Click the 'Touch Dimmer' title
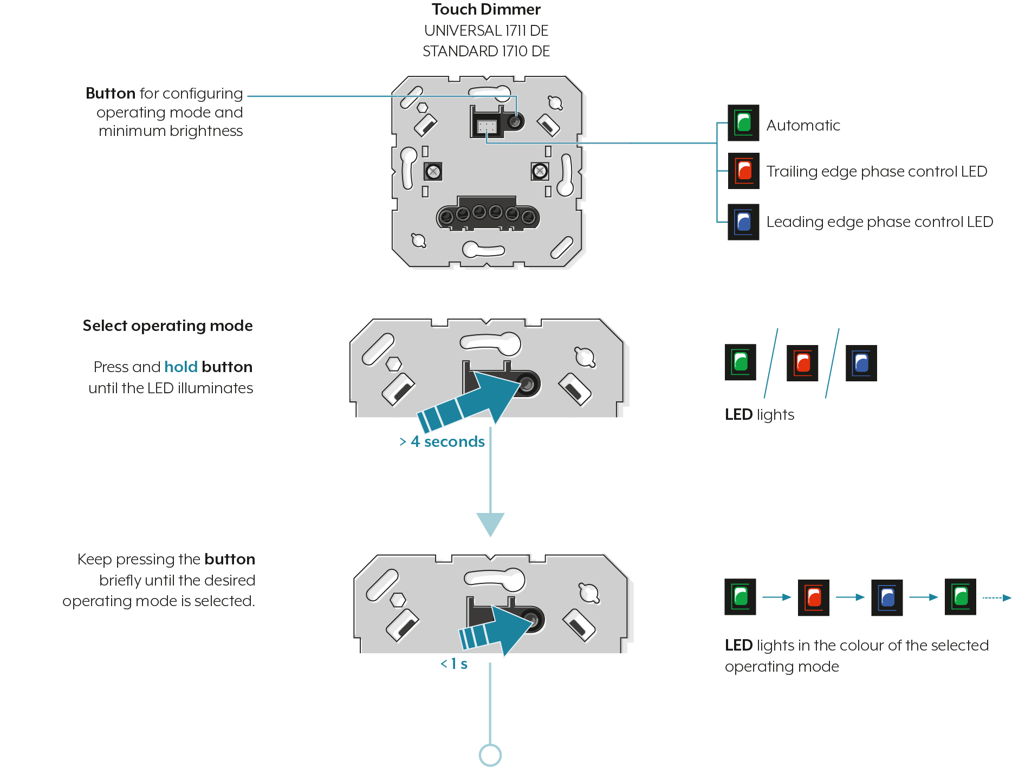tap(486, 9)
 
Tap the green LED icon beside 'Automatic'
tap(743, 123)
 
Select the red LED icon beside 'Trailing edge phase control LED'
tap(743, 171)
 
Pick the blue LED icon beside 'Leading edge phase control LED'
tap(743, 222)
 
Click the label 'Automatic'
tap(803, 125)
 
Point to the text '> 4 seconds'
tap(442, 441)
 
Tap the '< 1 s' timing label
tap(454, 664)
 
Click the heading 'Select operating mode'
tap(168, 326)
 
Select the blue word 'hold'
tap(181, 367)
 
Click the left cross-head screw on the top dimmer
tap(433, 172)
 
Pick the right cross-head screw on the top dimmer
tap(540, 172)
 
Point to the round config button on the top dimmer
tap(515, 121)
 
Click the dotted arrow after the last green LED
tap(997, 597)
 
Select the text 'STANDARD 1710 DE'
tap(486, 51)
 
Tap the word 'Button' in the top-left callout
tap(111, 93)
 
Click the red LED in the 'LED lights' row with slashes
tap(802, 363)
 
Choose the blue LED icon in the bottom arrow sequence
tap(887, 597)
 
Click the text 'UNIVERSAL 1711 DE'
tap(486, 30)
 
